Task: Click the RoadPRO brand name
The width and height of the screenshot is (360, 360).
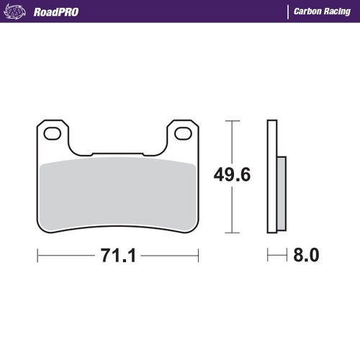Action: (x=55, y=12)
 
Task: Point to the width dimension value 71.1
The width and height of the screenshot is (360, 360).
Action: (x=118, y=255)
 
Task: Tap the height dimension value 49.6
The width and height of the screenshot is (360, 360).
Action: (x=231, y=175)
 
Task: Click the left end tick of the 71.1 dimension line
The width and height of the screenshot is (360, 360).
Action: (x=37, y=255)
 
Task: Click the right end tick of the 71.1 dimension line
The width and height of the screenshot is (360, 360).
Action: (x=198, y=255)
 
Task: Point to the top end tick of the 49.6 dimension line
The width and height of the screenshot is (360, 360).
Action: (x=230, y=120)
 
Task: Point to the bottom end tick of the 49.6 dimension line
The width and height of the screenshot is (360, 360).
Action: (x=230, y=233)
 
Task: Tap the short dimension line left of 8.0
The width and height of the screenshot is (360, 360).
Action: (x=276, y=255)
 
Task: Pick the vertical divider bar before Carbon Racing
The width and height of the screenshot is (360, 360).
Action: (x=287, y=12)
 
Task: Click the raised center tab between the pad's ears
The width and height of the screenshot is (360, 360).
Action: (x=117, y=153)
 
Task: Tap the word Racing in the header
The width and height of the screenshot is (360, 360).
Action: (x=338, y=12)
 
